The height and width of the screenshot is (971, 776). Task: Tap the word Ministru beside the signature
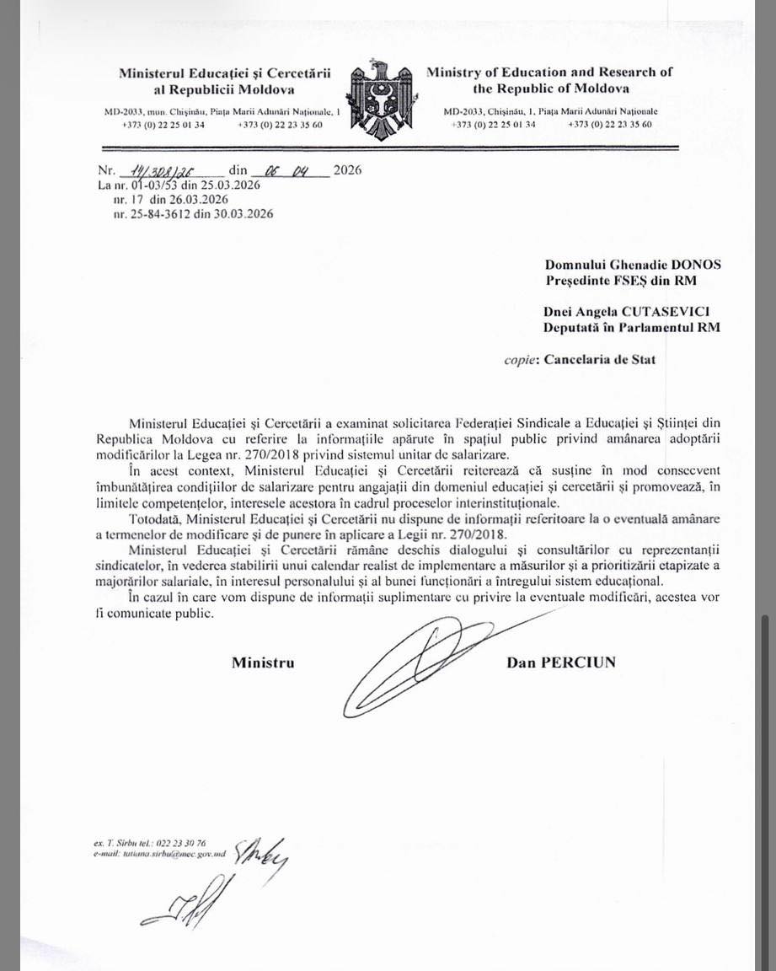point(263,663)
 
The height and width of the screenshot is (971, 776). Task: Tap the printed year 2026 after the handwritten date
point(347,170)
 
